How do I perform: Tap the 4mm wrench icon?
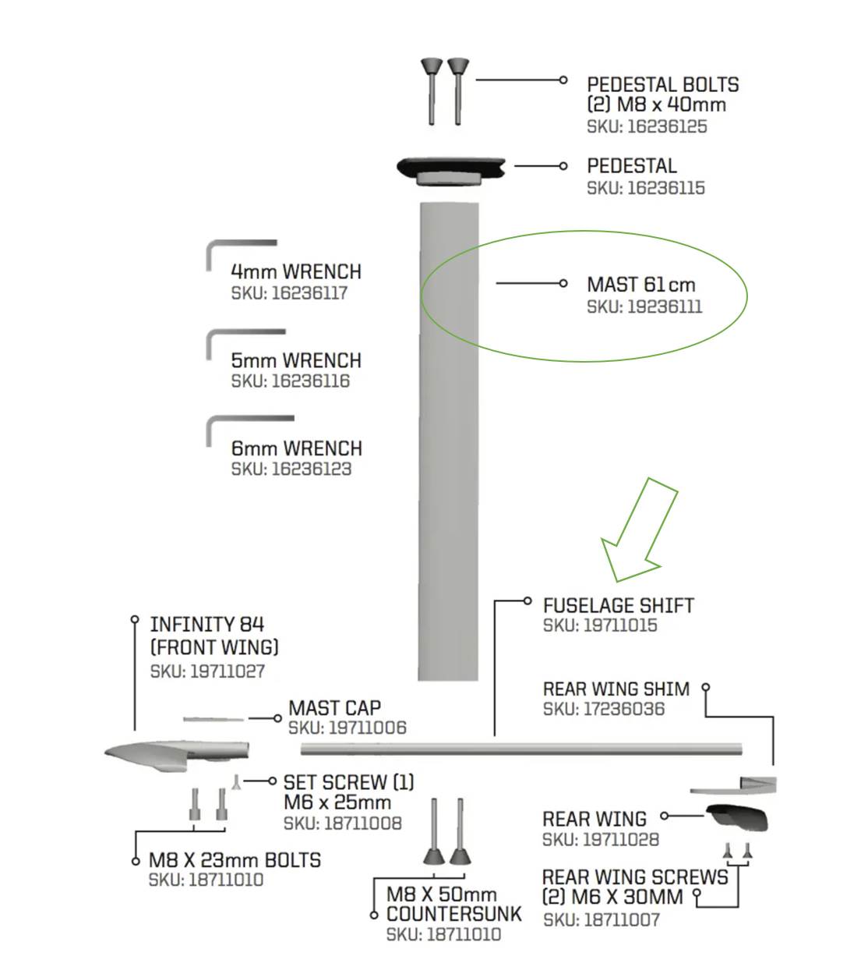coord(241,255)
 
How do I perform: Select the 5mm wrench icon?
coord(245,345)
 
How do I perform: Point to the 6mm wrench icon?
coord(250,431)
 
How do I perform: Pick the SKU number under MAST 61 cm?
coord(644,306)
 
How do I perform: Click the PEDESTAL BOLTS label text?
coord(662,85)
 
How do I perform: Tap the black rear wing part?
coord(737,817)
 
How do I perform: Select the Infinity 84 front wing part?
coord(176,756)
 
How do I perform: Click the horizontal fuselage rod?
coord(521,749)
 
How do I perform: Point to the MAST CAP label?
coord(334,707)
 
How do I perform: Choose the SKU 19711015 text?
coord(600,625)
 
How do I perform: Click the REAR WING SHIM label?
coord(616,689)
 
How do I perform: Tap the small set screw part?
coord(235,781)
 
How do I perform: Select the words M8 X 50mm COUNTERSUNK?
coord(454,904)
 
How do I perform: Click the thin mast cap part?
coord(213,719)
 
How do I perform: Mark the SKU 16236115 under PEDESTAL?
coord(646,187)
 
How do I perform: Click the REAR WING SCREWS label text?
coord(635,887)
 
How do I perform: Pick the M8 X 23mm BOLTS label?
coord(235,860)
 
